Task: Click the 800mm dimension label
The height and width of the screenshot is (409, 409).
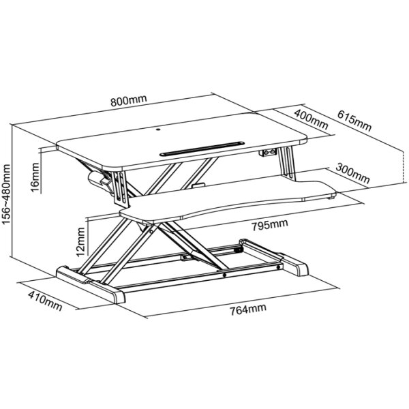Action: click(129, 100)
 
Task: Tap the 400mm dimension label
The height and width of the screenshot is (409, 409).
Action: click(311, 119)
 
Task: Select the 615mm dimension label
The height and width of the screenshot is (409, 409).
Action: click(354, 121)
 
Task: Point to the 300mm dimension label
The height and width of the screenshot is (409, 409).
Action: click(352, 173)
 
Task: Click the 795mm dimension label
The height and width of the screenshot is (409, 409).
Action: click(270, 225)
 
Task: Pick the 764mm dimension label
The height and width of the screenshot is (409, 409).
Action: click(248, 309)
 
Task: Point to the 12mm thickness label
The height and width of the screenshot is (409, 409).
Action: click(80, 242)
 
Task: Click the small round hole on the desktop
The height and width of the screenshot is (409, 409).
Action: click(158, 129)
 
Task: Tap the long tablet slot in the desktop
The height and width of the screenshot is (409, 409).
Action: click(202, 149)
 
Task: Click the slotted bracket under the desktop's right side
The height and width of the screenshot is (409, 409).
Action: click(287, 164)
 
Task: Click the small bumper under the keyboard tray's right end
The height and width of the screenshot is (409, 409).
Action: click(331, 198)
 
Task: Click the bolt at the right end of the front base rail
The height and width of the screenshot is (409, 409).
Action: click(279, 267)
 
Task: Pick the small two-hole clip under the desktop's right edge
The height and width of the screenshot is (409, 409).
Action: click(268, 152)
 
